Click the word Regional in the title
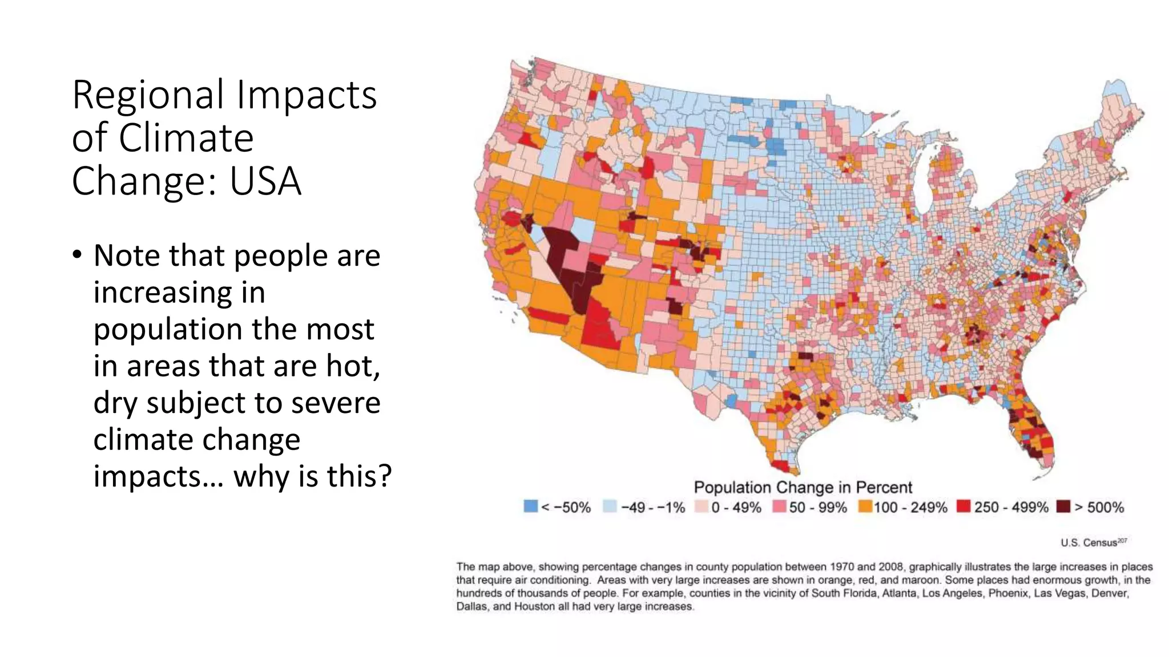tap(148, 95)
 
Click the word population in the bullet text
tap(169, 329)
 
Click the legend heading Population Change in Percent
tap(803, 488)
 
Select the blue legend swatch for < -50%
tap(530, 506)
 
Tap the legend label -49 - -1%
tap(652, 508)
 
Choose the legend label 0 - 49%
tap(736, 508)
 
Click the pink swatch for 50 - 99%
tap(780, 506)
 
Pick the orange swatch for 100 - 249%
tap(865, 506)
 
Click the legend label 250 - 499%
tap(1010, 508)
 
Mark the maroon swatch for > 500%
tap(1063, 506)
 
